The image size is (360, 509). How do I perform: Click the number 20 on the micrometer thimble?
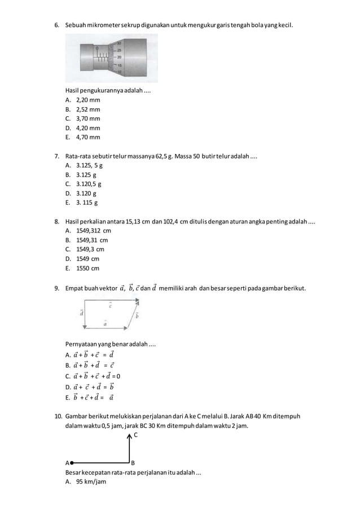tap(119, 56)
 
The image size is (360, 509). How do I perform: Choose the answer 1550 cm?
tap(87, 268)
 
